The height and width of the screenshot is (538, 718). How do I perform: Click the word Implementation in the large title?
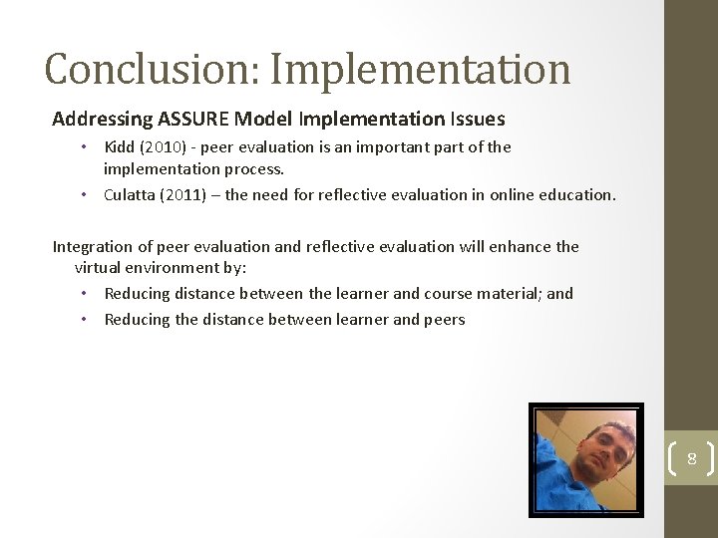(x=420, y=70)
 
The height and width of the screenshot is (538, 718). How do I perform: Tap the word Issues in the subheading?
(x=478, y=120)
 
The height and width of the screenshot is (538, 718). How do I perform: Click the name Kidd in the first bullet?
(x=120, y=147)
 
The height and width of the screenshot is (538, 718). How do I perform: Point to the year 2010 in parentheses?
(x=159, y=147)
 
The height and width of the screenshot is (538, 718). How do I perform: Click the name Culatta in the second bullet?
(x=130, y=195)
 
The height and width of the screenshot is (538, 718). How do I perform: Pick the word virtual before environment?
(x=99, y=268)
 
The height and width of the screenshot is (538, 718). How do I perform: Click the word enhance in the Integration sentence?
(x=520, y=247)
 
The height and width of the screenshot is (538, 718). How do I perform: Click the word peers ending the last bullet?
(x=445, y=320)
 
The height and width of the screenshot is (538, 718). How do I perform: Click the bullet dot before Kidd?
(x=85, y=147)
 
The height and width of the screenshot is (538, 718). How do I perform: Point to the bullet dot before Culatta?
(x=85, y=195)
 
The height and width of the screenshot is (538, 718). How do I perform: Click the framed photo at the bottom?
(x=585, y=459)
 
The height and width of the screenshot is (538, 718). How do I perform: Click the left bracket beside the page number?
(x=671, y=459)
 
